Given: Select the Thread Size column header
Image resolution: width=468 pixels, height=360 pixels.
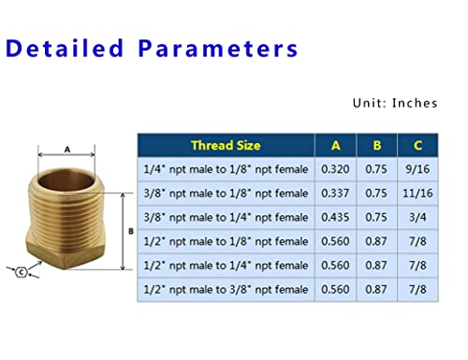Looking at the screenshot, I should point(226,145).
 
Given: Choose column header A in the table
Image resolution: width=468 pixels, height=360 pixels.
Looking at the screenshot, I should point(335,145).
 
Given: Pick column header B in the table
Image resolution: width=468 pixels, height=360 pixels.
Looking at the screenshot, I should point(377,145).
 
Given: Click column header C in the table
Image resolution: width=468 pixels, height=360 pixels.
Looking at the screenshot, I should point(417,145).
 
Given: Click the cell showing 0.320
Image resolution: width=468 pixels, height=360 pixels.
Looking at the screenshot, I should point(335,169).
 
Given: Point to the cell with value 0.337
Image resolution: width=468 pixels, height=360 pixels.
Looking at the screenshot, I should point(335,193).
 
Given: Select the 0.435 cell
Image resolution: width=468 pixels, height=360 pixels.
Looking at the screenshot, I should point(335,217).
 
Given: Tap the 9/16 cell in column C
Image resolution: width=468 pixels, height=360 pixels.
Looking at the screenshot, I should point(417,169).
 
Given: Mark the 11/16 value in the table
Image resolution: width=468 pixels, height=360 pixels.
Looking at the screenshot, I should point(417,193).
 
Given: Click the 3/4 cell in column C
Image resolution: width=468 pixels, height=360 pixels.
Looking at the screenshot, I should point(417,217).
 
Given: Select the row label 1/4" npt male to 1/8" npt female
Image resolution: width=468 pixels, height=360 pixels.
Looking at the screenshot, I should point(226,169).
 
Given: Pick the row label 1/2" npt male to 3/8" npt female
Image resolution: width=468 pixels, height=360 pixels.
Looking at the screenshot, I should point(226,289).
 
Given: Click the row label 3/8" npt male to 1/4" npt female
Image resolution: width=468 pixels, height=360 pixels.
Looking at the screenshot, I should point(226,217).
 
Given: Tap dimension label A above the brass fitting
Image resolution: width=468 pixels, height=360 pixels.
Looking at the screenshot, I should point(66,147).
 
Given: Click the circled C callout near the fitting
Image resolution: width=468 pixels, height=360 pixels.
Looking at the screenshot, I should point(21,272).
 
